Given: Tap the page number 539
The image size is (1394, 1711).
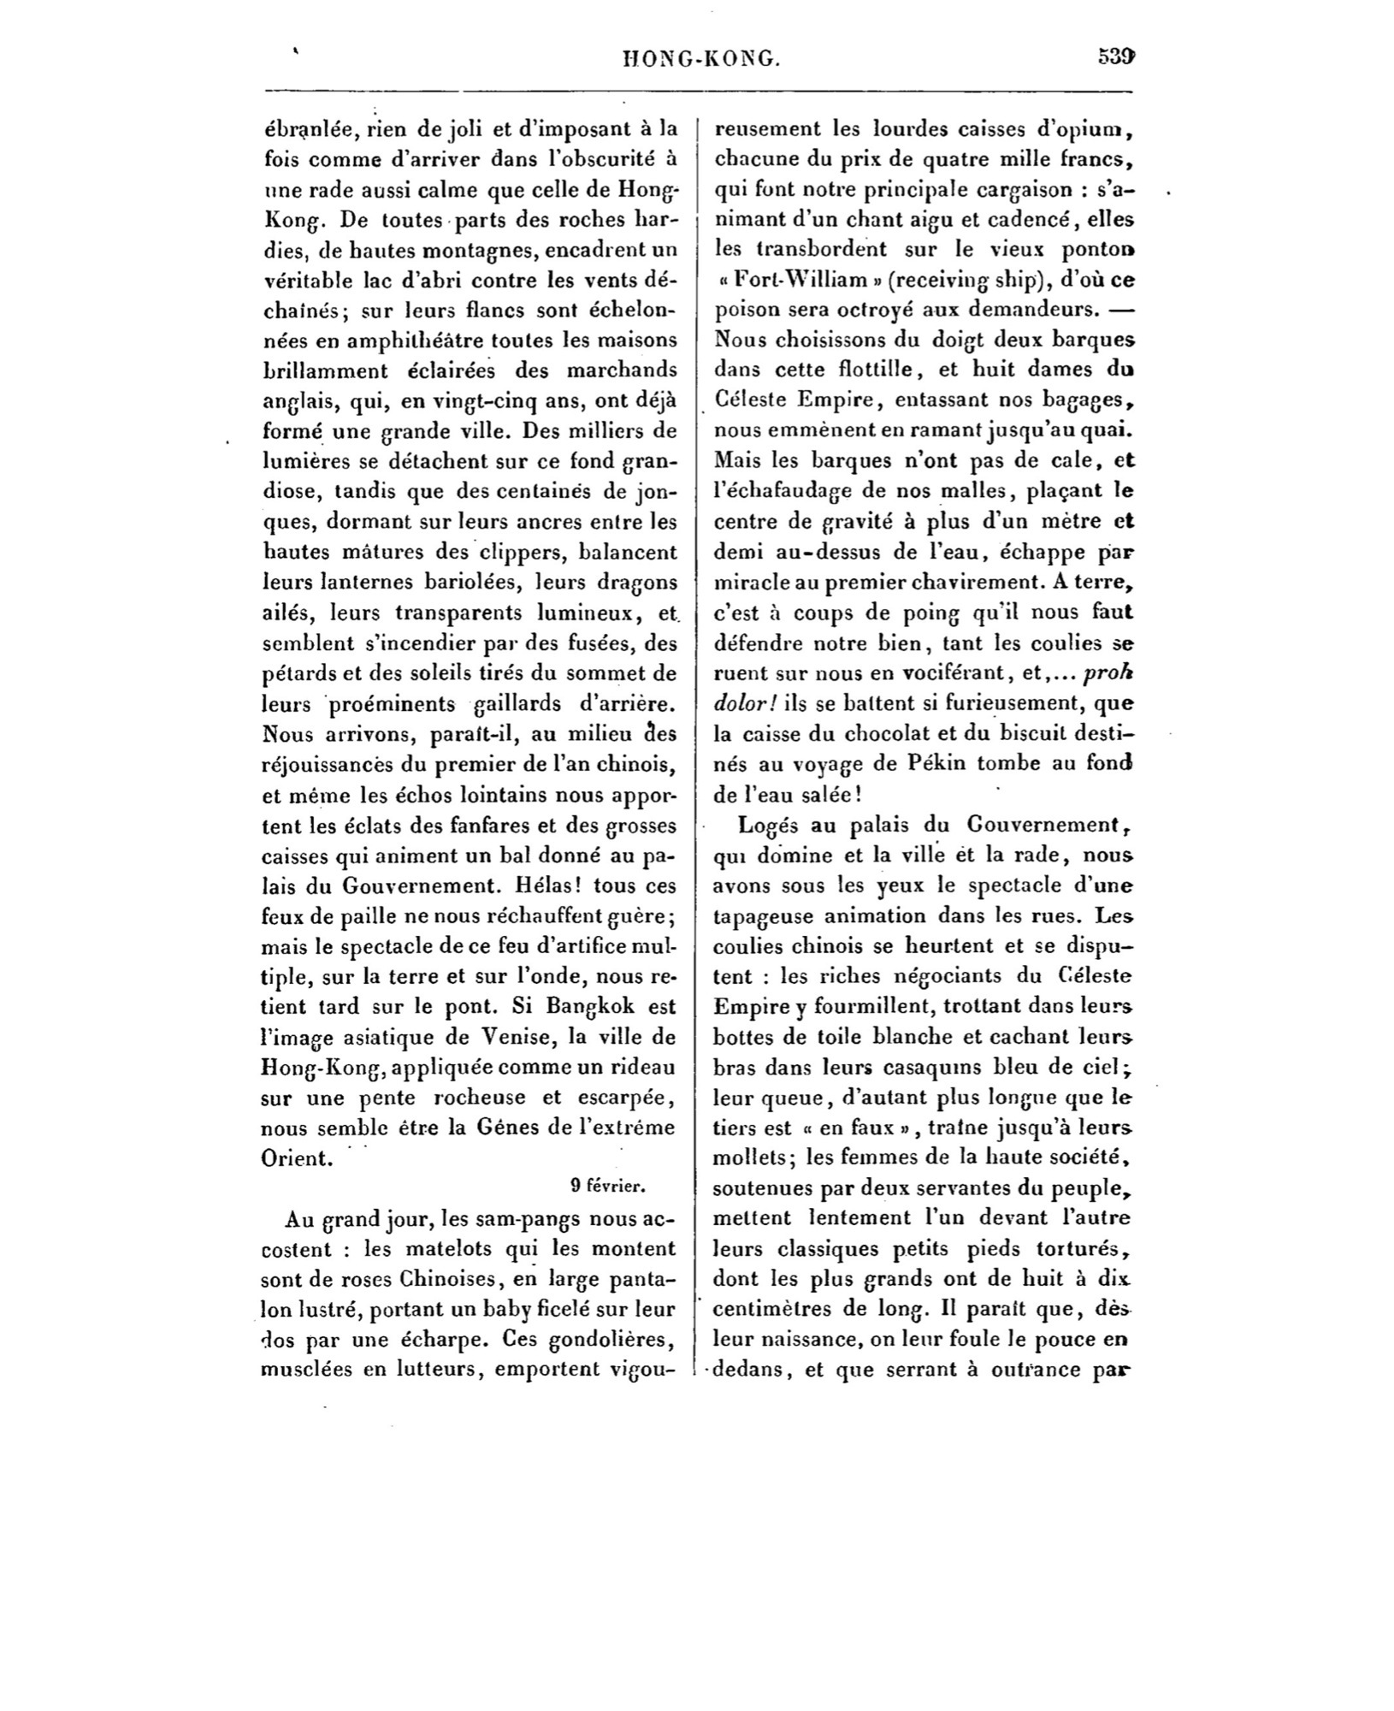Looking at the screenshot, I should click(x=1116, y=57).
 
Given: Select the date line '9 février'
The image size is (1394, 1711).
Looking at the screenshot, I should click(x=607, y=1186).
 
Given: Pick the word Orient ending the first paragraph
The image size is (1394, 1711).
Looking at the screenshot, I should click(x=295, y=1158).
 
